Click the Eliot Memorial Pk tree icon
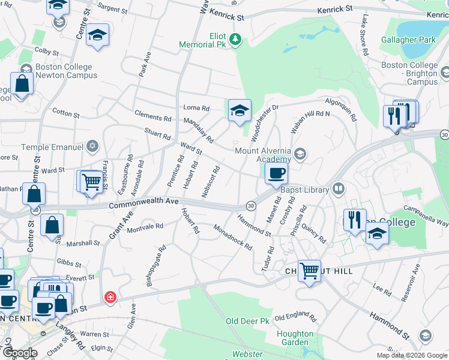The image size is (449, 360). point(236,40)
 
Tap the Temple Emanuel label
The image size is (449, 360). point(50,146)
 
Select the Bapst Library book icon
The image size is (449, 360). point(339,190)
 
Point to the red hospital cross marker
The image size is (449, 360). point(109,297)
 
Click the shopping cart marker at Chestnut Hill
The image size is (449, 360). point(309,270)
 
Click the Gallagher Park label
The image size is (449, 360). point(408,40)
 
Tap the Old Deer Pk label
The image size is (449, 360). point(247,322)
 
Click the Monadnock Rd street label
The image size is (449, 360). point(232,236)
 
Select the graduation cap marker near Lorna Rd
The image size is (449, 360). point(240,111)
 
